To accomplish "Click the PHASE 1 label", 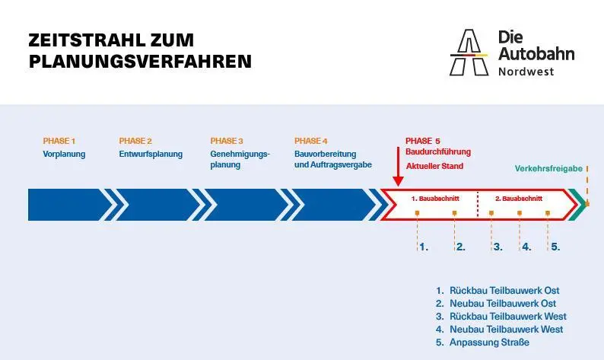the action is click(59, 141).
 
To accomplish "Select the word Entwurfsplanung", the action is click(151, 155).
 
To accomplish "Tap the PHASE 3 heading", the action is click(227, 141).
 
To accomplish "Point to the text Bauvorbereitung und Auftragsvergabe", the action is click(333, 159).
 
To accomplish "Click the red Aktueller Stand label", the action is click(434, 166).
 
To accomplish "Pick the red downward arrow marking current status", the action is click(398, 167).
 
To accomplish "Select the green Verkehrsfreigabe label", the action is click(548, 168).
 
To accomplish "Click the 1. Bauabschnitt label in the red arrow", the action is click(435, 199).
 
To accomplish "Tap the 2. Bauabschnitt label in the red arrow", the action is click(519, 199).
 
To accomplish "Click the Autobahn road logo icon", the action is click(469, 53).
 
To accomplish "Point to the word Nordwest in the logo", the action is click(526, 72).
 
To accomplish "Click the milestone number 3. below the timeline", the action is click(498, 247).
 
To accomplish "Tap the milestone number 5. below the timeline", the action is click(555, 247).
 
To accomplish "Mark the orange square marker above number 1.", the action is click(417, 213).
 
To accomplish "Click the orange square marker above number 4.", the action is click(520, 213).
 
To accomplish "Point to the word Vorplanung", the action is click(64, 155).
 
